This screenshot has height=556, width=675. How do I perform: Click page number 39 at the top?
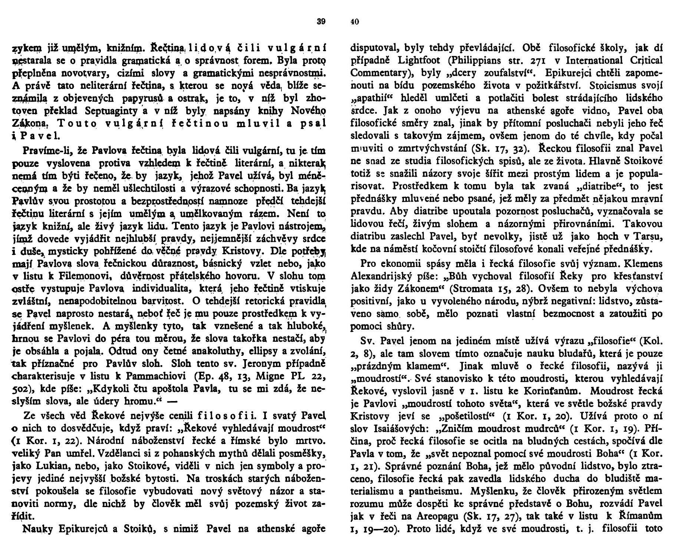(321, 21)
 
